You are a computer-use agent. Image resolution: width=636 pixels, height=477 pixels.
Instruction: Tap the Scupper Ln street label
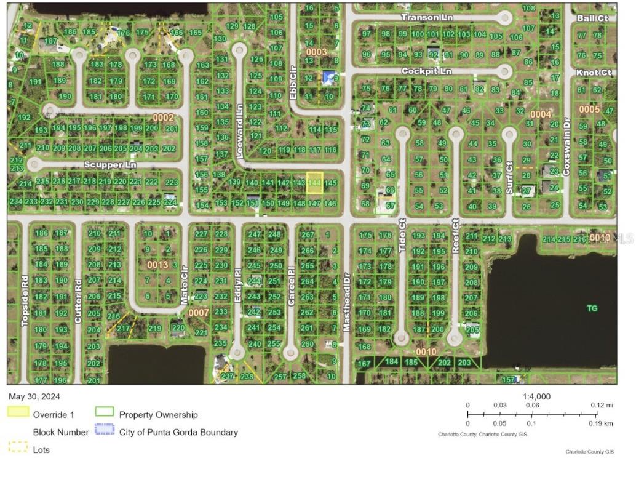click(x=110, y=165)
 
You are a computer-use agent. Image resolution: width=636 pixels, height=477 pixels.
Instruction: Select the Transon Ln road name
click(x=426, y=18)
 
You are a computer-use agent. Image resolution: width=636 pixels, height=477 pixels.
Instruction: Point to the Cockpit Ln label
click(x=426, y=71)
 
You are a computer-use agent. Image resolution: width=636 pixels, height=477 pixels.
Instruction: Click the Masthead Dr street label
click(x=347, y=302)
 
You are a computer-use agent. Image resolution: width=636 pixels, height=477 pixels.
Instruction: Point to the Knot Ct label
click(x=594, y=73)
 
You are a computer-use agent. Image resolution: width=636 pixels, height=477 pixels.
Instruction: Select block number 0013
click(x=157, y=265)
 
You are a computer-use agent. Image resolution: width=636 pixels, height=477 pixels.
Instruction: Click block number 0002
click(x=163, y=117)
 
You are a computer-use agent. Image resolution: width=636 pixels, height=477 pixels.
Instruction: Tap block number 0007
click(x=198, y=313)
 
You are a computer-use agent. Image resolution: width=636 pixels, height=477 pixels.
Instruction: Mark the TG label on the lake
click(x=592, y=308)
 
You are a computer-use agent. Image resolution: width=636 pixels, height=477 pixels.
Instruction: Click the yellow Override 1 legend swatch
click(x=18, y=411)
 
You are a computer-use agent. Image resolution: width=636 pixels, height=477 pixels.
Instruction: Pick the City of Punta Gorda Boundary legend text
click(x=178, y=432)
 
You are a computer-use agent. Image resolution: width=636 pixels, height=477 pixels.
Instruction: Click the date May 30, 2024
click(x=34, y=396)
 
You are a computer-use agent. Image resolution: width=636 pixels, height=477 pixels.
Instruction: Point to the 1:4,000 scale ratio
click(x=536, y=396)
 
